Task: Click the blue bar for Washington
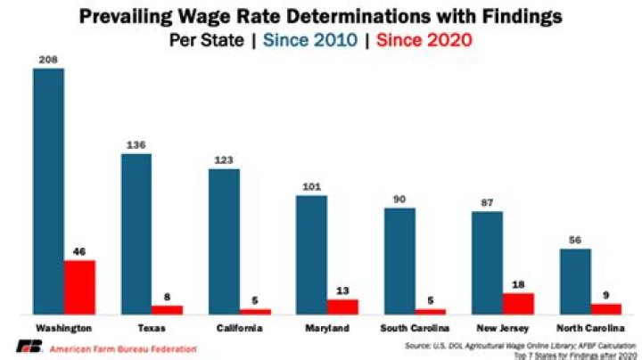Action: (48, 191)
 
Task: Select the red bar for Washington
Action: (79, 287)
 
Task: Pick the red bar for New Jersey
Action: (518, 303)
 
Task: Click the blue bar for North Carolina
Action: (575, 281)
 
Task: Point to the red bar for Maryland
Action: (342, 307)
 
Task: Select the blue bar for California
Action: (224, 241)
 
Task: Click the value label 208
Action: (48, 60)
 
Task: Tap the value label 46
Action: (79, 252)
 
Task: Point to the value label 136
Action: (136, 145)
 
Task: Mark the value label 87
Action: (487, 203)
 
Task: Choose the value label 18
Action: (518, 285)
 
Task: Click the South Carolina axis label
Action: (414, 328)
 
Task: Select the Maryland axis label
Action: (326, 328)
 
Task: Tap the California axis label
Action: (239, 328)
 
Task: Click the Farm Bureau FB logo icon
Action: (29, 348)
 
